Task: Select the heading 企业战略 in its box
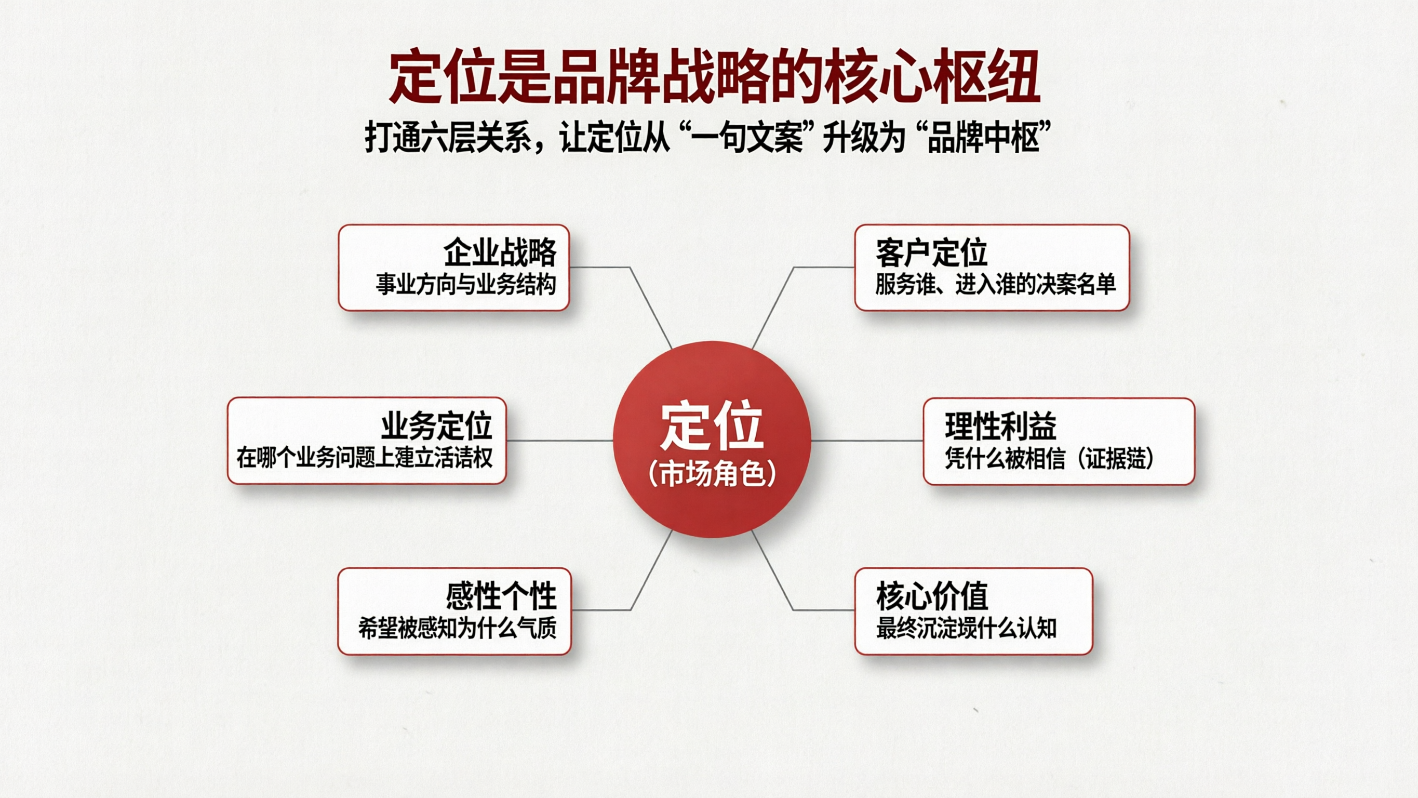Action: tap(500, 252)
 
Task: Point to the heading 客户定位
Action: tap(931, 252)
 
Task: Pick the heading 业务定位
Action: tap(436, 425)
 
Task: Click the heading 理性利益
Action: tap(1001, 425)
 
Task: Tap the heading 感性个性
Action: tap(501, 596)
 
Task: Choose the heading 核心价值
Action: tap(932, 596)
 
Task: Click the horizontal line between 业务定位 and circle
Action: tap(559, 440)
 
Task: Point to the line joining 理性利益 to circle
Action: tap(867, 440)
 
